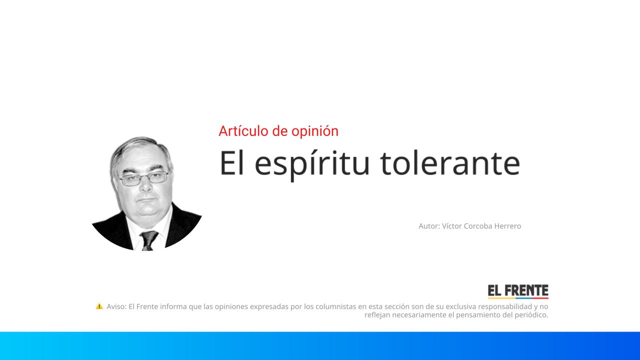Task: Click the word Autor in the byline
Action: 428,226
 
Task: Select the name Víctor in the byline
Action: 452,226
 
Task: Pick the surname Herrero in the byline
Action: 507,226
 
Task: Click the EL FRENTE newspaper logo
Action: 518,291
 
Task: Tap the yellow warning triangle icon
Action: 99,306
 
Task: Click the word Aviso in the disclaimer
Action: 116,306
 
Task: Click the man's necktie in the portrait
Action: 148,239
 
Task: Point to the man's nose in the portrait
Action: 145,186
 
